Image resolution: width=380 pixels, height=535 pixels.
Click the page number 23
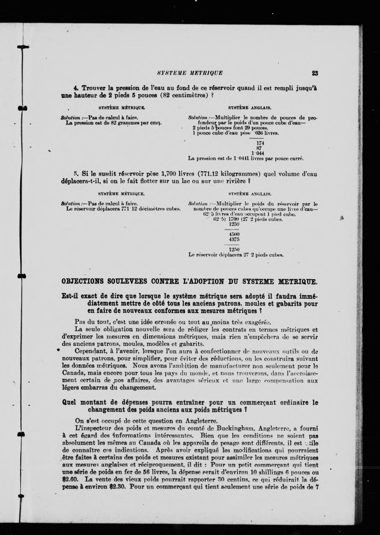315,73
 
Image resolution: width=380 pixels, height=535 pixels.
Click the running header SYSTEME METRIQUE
190,73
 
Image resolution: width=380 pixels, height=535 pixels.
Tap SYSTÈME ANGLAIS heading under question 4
250,107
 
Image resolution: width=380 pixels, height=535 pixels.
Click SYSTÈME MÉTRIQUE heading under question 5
121,194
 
